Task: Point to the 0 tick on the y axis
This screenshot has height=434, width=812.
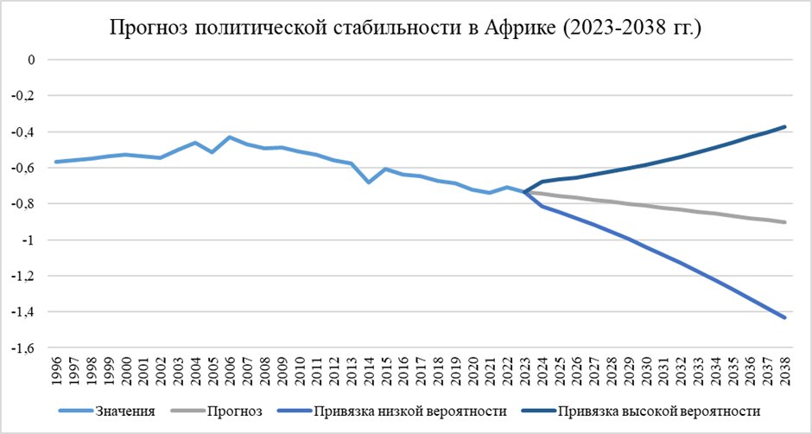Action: [x=32, y=60]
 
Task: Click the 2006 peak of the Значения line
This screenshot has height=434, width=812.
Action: [x=230, y=137]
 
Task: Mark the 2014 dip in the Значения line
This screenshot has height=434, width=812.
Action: [x=368, y=182]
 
